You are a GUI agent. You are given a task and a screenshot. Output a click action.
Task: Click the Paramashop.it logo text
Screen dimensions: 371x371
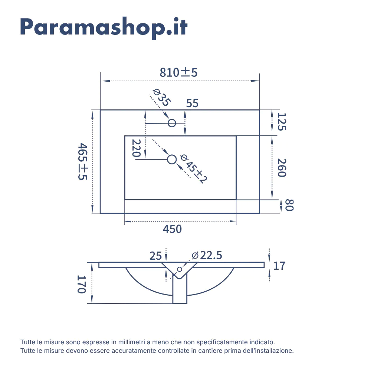(104, 28)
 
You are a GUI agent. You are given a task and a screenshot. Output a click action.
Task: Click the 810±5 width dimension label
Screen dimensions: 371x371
(178, 72)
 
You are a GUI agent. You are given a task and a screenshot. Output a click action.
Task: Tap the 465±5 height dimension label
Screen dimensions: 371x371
(83, 161)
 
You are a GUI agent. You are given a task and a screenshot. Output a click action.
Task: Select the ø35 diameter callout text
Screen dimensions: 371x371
(162, 98)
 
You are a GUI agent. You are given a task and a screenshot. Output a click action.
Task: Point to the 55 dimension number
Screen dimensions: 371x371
(192, 104)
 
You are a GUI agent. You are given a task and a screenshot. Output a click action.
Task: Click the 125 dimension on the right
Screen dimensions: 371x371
(282, 122)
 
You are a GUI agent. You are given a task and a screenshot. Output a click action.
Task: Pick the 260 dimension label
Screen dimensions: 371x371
(282, 168)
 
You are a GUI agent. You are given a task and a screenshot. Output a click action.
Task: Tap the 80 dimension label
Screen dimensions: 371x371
(289, 205)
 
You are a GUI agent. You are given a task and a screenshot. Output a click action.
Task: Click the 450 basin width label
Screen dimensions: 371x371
(172, 229)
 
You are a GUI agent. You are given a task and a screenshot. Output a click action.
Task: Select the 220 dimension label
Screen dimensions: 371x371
(136, 148)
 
